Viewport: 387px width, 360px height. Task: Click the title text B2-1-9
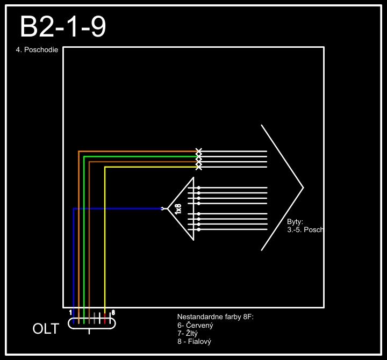[x=63, y=27]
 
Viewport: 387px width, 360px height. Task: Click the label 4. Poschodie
[x=37, y=51]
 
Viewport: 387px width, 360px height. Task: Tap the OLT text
[x=46, y=329]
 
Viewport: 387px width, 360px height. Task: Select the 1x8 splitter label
[x=178, y=209]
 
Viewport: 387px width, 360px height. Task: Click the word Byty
[x=295, y=221]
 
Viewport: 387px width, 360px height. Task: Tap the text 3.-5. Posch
[x=305, y=229]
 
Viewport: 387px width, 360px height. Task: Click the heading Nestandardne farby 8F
[x=215, y=317]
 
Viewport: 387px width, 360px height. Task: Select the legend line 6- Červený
[x=196, y=326]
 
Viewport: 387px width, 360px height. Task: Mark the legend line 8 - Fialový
[x=194, y=342]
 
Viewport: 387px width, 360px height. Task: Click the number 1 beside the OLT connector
[x=70, y=312]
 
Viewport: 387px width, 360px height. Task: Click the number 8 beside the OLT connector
[x=113, y=312]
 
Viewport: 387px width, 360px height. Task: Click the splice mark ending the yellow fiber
[x=199, y=167]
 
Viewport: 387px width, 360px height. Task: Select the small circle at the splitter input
[x=163, y=208]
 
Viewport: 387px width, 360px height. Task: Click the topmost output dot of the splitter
[x=199, y=188]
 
